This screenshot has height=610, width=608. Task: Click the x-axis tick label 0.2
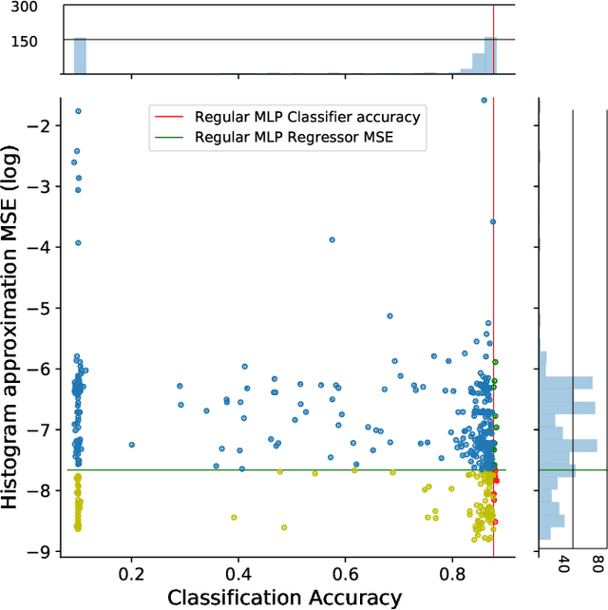point(131,574)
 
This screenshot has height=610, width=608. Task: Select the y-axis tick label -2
point(45,125)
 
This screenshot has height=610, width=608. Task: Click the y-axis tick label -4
point(45,247)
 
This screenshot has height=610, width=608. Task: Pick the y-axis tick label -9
point(45,551)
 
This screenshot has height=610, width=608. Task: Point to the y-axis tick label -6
point(45,369)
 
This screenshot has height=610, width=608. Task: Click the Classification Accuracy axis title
point(284,597)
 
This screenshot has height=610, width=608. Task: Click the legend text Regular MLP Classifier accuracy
point(307,117)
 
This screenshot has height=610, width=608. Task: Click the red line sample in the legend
point(168,117)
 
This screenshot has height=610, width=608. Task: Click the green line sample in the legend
point(168,137)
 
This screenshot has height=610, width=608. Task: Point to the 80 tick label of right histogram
point(598,564)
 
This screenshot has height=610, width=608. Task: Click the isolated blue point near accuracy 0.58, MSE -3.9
point(332,239)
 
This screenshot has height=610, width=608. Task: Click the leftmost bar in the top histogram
point(81,56)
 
